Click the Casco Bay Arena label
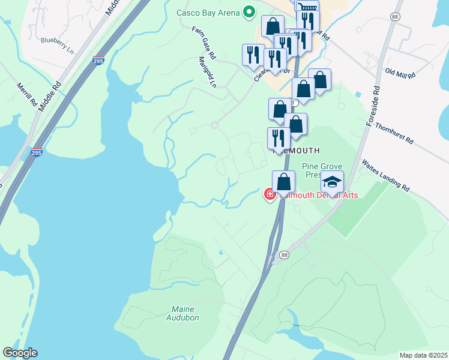[x=208, y=13]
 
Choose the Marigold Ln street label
[x=207, y=72]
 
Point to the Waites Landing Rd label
[x=385, y=175]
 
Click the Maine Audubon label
[x=180, y=313]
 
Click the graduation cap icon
[x=332, y=181]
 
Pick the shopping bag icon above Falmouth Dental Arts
[x=283, y=181]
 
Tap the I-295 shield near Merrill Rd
[x=37, y=153]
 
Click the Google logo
[x=20, y=353]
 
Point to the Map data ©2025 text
[x=423, y=355]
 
